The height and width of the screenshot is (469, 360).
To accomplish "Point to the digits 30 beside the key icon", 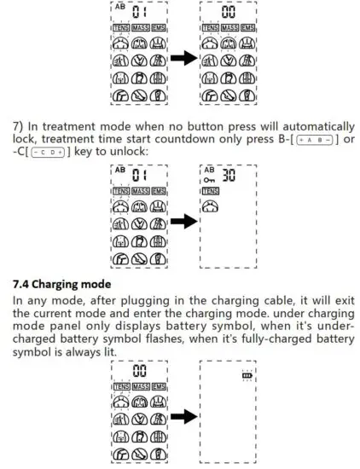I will point(228,177).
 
